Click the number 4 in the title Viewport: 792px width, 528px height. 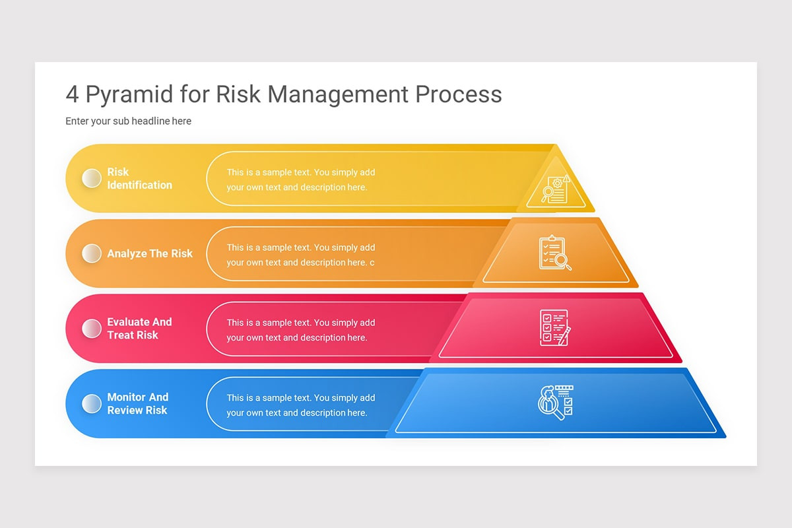tap(72, 94)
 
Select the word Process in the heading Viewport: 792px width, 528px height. tap(458, 94)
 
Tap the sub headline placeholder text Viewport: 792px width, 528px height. tap(128, 121)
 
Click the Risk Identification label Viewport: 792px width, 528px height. tap(139, 178)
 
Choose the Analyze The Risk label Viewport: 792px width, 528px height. tap(150, 253)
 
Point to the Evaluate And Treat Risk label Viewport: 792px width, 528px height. tap(139, 329)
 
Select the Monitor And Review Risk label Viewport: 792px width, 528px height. tap(138, 403)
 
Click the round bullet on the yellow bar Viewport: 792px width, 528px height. tap(91, 178)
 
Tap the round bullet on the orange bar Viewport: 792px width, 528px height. tap(91, 253)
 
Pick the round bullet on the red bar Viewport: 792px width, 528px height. tap(91, 329)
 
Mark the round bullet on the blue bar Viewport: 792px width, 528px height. tap(91, 403)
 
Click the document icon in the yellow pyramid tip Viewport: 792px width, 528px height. tap(555, 189)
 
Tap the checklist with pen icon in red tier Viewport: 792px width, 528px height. tap(554, 327)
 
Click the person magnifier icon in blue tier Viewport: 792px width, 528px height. tap(555, 402)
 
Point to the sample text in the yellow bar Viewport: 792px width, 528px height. tap(300, 180)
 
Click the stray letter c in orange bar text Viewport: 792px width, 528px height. tap(372, 263)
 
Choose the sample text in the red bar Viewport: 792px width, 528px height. tap(300, 330)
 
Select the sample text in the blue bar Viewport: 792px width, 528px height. tap(300, 405)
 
